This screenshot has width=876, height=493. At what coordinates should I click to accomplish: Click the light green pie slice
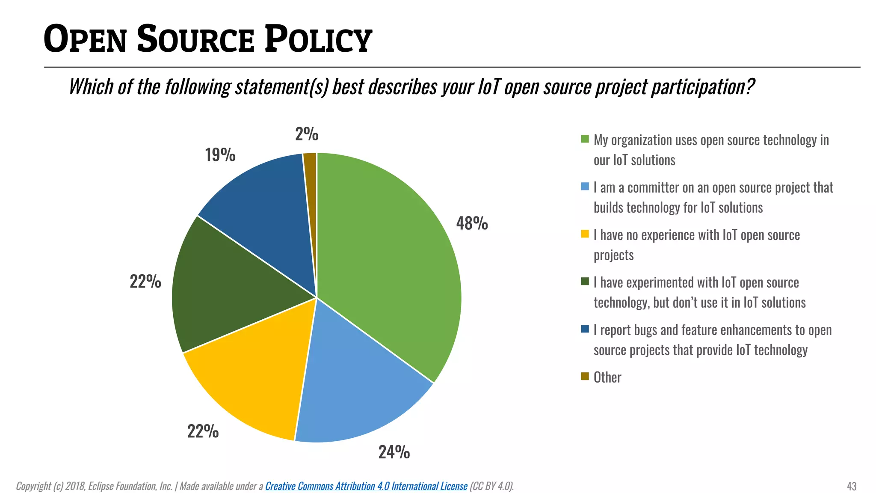[385, 265]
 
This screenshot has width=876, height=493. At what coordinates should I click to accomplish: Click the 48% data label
[472, 223]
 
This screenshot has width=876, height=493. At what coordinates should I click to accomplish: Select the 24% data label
[394, 452]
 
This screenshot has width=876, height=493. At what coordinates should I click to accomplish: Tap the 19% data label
[220, 155]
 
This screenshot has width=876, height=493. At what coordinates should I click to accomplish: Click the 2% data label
[307, 134]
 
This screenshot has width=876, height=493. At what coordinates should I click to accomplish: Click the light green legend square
[585, 139]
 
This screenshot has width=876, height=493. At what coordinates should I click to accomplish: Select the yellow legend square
[585, 234]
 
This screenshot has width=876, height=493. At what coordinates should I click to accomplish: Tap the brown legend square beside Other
[585, 376]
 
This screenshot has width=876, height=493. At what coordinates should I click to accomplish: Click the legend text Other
[607, 377]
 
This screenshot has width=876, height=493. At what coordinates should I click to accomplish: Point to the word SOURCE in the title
[196, 39]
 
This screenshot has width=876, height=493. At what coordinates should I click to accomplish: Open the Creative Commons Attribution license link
[366, 486]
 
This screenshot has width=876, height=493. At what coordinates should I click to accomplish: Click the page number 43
[851, 487]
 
